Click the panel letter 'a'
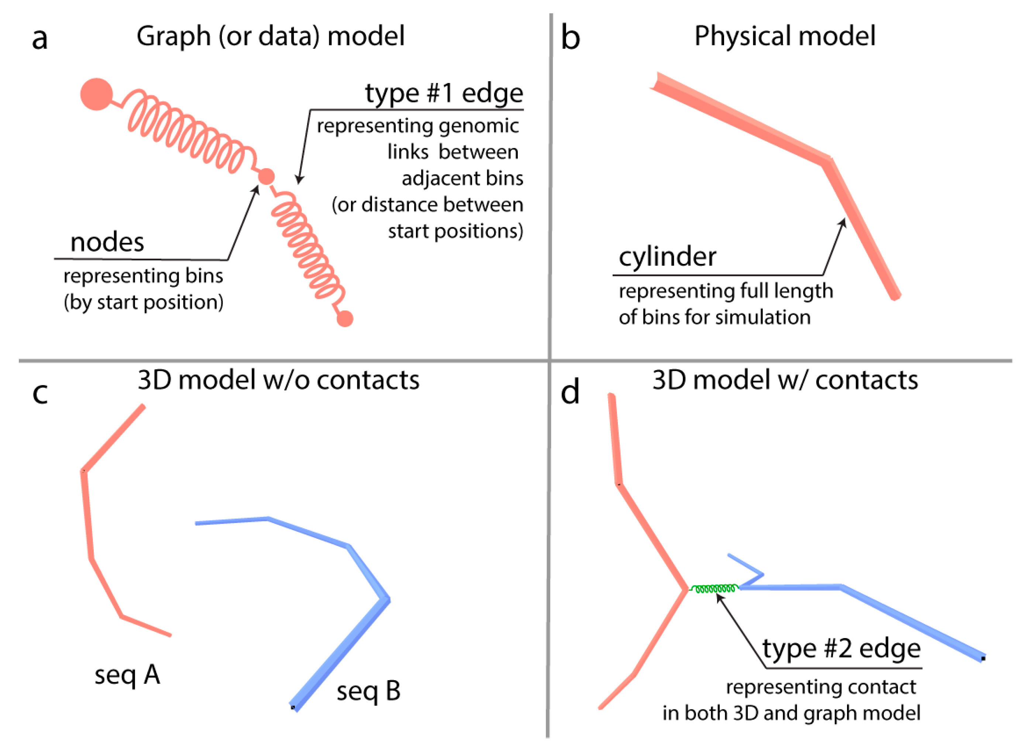click(40, 38)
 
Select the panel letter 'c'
click(40, 393)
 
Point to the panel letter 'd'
click(569, 392)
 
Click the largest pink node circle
click(96, 94)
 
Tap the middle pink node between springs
click(266, 176)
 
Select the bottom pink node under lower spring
click(345, 319)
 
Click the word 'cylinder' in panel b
click(667, 257)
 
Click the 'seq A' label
click(127, 675)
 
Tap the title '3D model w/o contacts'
click(278, 380)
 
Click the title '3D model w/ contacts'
click(785, 380)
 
